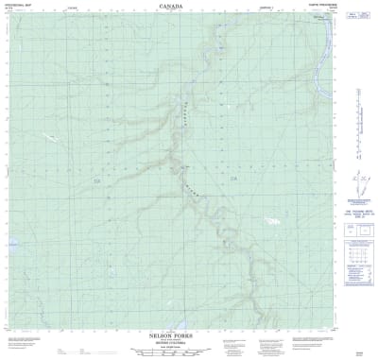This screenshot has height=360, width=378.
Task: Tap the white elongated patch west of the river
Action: pyautogui.click(x=49, y=134)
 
